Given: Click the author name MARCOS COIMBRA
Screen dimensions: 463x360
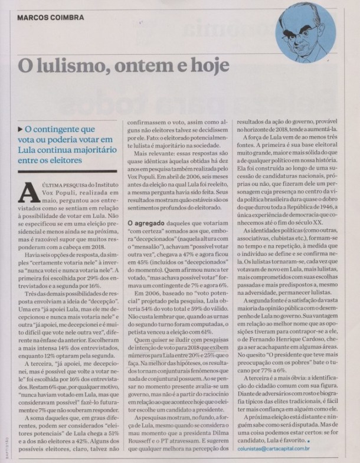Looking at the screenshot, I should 51,17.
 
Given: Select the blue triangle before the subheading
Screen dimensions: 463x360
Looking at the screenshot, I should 20,128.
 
